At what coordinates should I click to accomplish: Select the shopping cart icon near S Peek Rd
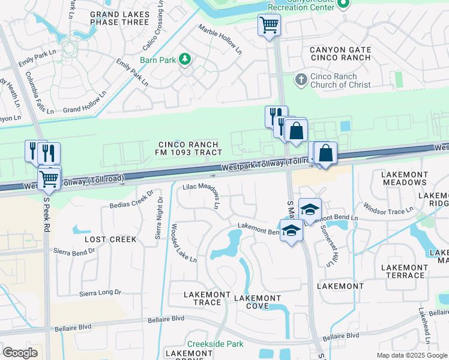pyautogui.click(x=49, y=178)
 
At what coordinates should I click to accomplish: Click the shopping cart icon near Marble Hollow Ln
pyautogui.click(x=270, y=26)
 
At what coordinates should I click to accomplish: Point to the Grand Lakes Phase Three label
pyautogui.click(x=119, y=17)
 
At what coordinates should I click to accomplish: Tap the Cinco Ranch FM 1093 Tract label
pyautogui.click(x=185, y=149)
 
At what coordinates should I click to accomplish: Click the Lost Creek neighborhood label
pyautogui.click(x=110, y=239)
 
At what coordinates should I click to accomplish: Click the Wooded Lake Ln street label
pyautogui.click(x=184, y=243)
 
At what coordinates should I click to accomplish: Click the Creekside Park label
pyautogui.click(x=215, y=344)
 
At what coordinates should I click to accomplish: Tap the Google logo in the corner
pyautogui.click(x=20, y=353)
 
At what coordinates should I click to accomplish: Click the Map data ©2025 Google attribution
pyautogui.click(x=411, y=355)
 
